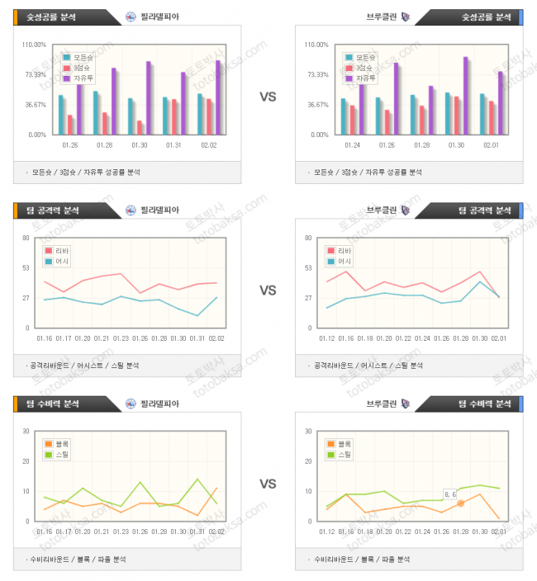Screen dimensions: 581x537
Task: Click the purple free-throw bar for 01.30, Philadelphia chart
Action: tap(149, 97)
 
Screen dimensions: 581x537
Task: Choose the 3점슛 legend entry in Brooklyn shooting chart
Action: tap(364, 68)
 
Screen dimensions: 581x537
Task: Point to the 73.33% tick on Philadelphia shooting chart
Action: tap(35, 74)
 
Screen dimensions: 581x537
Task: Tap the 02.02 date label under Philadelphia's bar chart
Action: tap(209, 145)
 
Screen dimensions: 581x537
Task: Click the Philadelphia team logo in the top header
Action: tap(131, 16)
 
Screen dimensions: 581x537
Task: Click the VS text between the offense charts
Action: tap(268, 290)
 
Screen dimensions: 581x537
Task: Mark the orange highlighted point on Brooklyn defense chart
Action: tap(461, 503)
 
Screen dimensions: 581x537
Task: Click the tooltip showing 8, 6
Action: tap(450, 494)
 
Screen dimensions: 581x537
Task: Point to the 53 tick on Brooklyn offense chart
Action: tap(307, 267)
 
